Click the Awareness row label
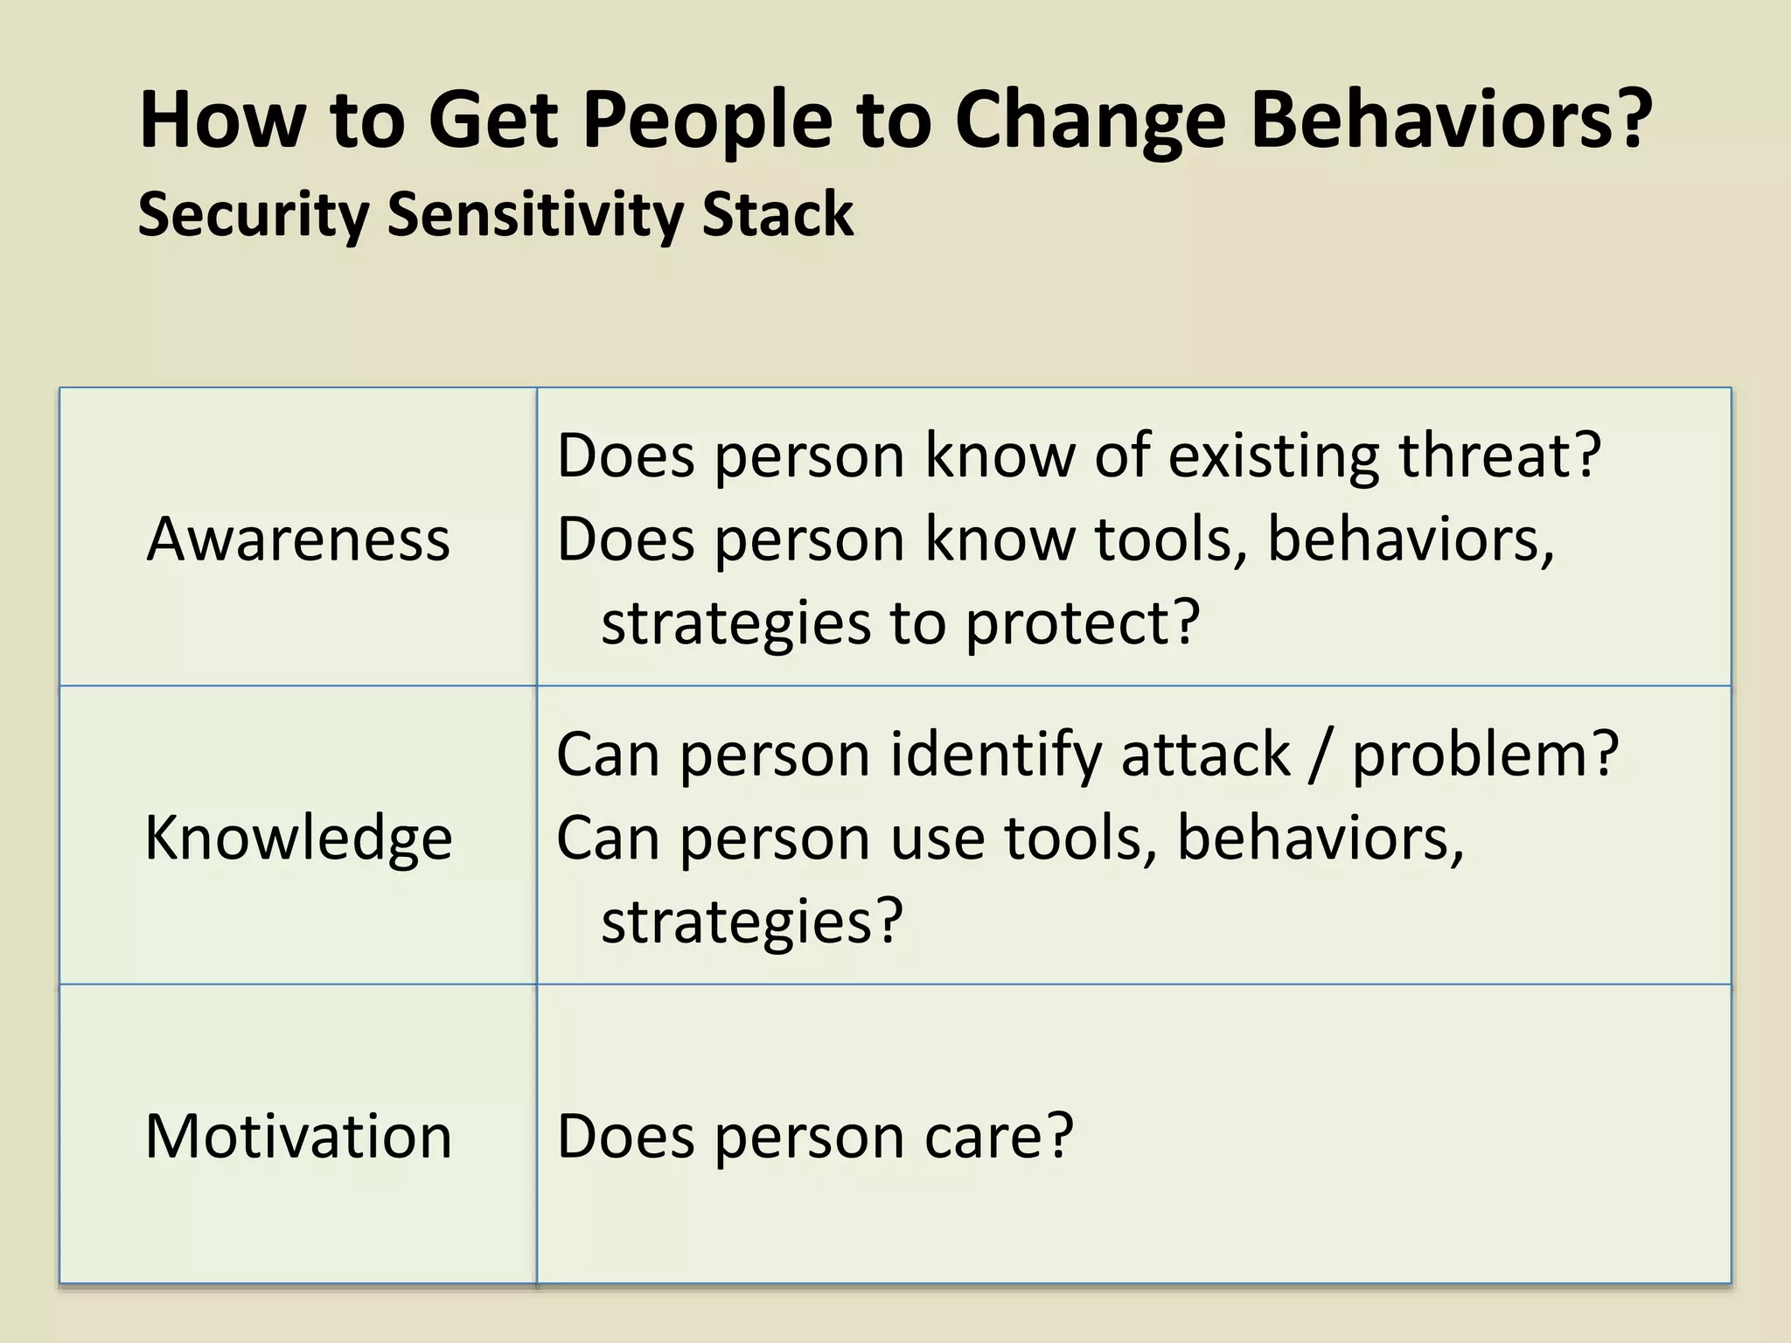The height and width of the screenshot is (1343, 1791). pyautogui.click(x=298, y=539)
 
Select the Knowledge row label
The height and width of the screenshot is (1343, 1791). pyautogui.click(x=298, y=838)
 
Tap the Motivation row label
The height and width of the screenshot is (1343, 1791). pyautogui.click(x=298, y=1136)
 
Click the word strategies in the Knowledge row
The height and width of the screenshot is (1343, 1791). pyautogui.click(x=736, y=921)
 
